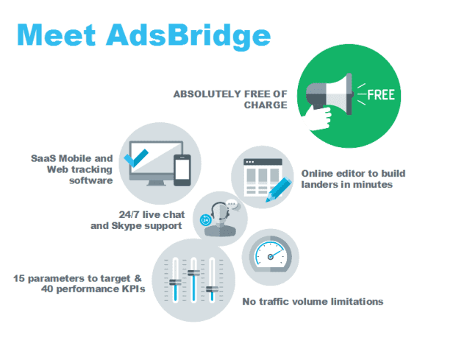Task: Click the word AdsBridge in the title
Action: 188,36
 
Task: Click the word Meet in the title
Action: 57,35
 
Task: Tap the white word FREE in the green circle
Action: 381,95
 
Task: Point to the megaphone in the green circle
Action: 329,94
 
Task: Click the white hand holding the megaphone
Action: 318,118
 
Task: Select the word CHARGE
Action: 266,105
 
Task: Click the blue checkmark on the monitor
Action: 136,158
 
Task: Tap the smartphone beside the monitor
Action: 182,170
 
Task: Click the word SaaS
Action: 43,158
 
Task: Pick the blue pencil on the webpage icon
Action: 279,190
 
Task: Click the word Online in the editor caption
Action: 317,174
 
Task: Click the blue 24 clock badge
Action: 205,220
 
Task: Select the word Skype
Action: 127,226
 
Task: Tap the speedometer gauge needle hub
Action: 271,257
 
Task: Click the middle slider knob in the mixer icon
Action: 193,273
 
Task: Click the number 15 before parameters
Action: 19,278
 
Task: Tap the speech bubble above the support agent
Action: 232,205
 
